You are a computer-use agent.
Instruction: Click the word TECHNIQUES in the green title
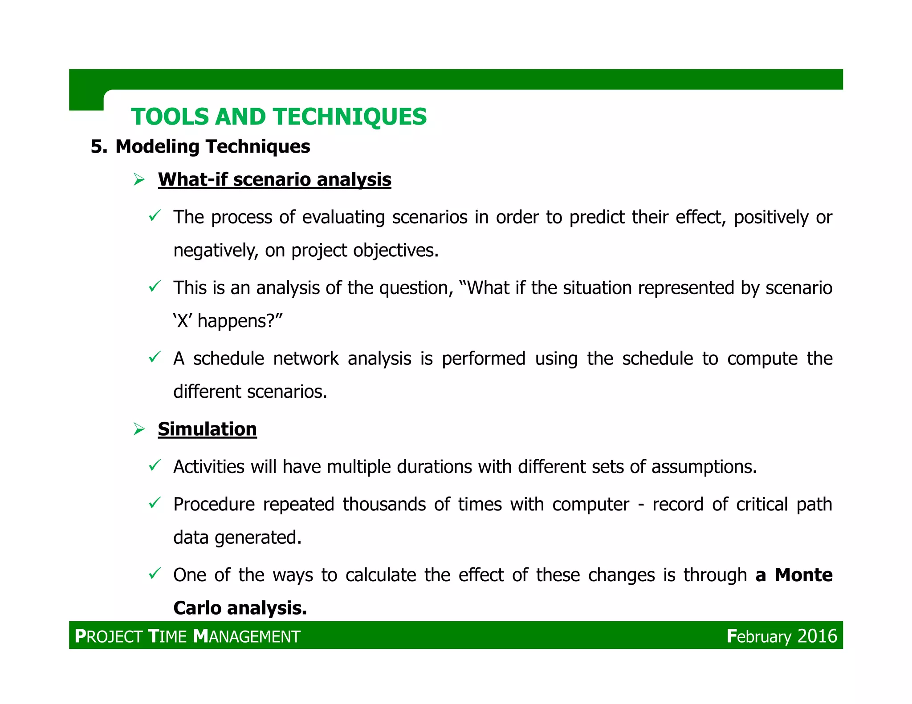pyautogui.click(x=350, y=117)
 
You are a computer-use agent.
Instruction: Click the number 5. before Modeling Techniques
pyautogui.click(x=99, y=147)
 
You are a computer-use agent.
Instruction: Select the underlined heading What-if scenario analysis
pyautogui.click(x=274, y=180)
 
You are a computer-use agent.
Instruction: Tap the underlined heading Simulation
pyautogui.click(x=207, y=429)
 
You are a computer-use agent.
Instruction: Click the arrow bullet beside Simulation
pyautogui.click(x=139, y=429)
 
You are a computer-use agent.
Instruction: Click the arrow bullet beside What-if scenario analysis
pyautogui.click(x=139, y=180)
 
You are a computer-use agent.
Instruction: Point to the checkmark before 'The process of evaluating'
pyautogui.click(x=154, y=216)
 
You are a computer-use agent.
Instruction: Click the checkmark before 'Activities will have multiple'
pyautogui.click(x=154, y=465)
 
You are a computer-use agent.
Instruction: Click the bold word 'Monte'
pyautogui.click(x=803, y=575)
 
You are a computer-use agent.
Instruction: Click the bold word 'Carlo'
pyautogui.click(x=197, y=608)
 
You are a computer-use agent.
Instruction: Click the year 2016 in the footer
pyautogui.click(x=817, y=636)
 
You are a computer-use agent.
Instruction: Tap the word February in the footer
pyautogui.click(x=759, y=636)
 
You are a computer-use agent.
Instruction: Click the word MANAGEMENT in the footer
pyautogui.click(x=247, y=636)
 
